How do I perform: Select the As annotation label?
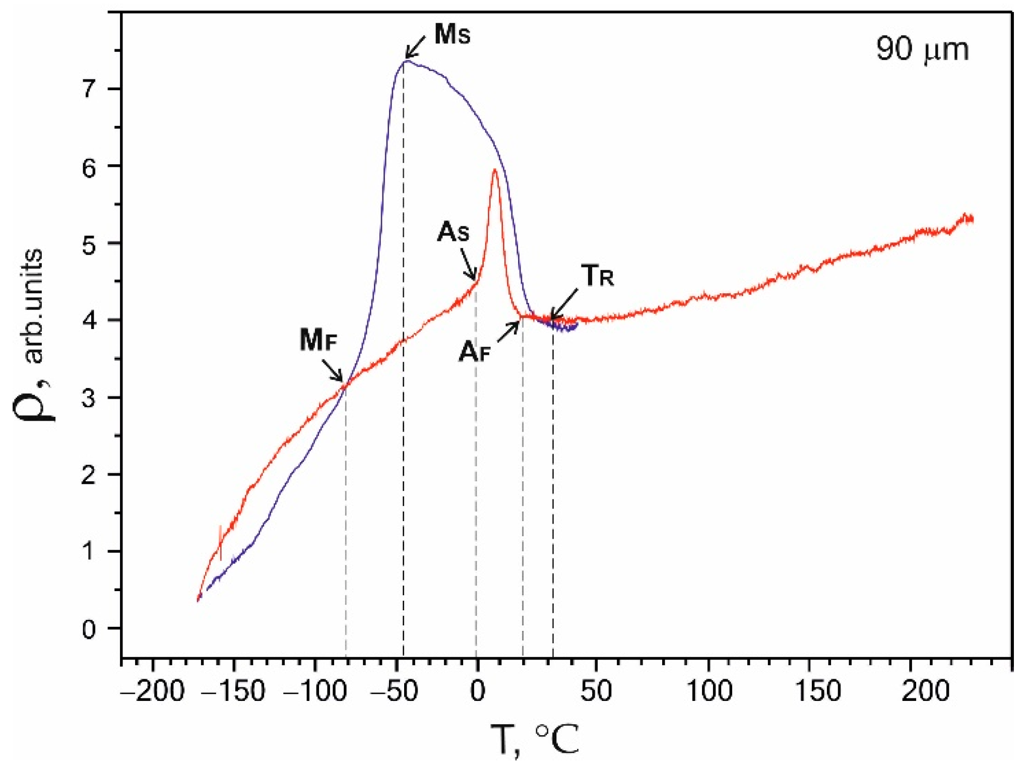pos(453,232)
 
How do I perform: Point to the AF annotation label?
pos(474,352)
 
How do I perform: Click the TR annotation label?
pos(598,276)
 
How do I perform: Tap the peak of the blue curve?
pos(406,61)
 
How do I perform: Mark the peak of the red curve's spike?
pos(494,170)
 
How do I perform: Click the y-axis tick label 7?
pos(89,90)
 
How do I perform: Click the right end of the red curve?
pos(972,219)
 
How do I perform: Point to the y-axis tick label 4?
pos(89,320)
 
